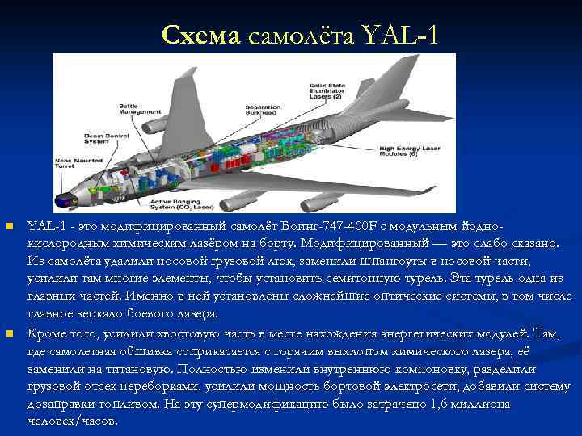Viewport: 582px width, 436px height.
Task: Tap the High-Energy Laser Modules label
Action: point(409,152)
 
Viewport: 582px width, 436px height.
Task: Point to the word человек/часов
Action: point(72,420)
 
